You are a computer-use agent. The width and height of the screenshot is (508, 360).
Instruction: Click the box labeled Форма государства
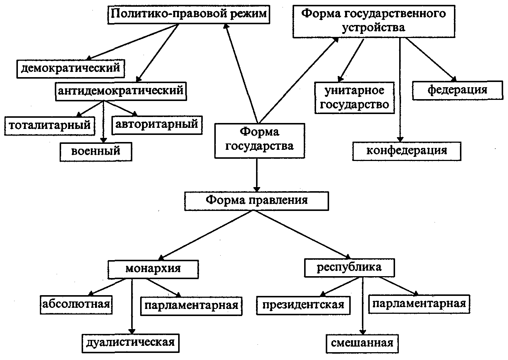(x=259, y=140)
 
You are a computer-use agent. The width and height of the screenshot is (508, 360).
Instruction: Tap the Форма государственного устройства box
(x=373, y=20)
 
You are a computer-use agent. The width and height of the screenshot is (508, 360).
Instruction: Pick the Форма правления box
(x=256, y=200)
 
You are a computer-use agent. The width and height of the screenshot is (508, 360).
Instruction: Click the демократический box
(x=71, y=68)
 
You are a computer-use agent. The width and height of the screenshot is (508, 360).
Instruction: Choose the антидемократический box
(x=120, y=91)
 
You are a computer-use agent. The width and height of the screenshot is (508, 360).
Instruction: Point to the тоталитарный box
(x=50, y=125)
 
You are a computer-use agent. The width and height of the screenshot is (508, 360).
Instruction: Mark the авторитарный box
(x=157, y=124)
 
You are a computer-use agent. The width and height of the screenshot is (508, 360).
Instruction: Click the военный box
(x=96, y=151)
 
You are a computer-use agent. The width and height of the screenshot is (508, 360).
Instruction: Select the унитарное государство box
(x=354, y=98)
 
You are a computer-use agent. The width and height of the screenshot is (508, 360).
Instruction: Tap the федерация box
(x=457, y=90)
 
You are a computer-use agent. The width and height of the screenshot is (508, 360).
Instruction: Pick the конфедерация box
(x=407, y=151)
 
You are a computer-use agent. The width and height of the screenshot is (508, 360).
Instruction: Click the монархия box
(x=153, y=269)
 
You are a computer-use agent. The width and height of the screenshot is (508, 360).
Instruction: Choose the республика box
(x=349, y=268)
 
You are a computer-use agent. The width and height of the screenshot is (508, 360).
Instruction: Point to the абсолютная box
(x=76, y=304)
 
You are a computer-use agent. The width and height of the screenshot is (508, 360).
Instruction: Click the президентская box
(x=303, y=305)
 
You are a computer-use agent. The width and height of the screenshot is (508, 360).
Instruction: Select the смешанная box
(x=362, y=343)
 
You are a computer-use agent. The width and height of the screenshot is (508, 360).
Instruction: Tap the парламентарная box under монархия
(x=191, y=306)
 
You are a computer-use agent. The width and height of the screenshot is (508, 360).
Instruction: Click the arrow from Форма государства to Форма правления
(x=256, y=175)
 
